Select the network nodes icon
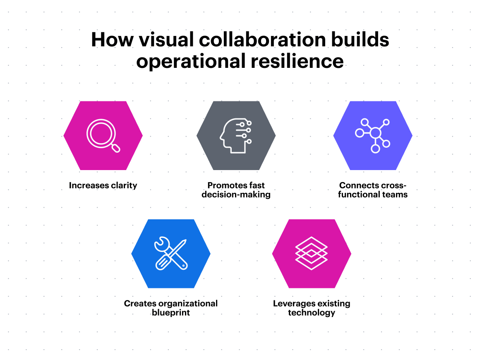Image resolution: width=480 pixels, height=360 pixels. point(373,135)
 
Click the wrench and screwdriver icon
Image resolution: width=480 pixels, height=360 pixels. point(171,254)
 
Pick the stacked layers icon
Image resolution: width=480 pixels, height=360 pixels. point(311,253)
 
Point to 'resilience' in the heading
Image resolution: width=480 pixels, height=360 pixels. point(297,61)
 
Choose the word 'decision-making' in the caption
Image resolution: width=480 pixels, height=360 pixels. point(236,194)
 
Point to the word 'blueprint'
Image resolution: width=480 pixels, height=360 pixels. point(171,312)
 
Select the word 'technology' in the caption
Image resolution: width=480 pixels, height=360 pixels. point(311,312)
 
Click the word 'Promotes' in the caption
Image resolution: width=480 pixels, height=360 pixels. point(225,185)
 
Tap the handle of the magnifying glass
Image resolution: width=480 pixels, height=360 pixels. point(116,148)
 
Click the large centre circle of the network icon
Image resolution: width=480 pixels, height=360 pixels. point(375,133)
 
